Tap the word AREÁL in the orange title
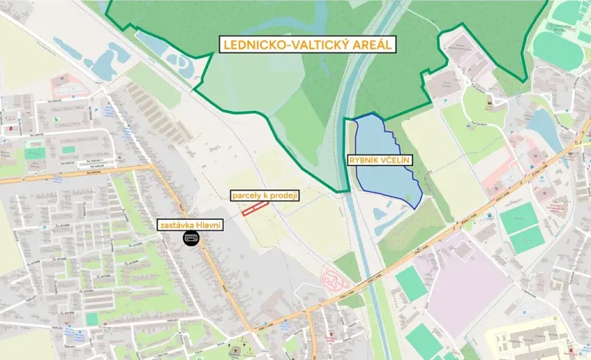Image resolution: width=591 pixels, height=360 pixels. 372,45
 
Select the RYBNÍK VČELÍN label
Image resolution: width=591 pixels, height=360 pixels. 381,160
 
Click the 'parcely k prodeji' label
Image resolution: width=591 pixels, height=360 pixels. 265,196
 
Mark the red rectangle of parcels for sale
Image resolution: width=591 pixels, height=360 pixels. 254,208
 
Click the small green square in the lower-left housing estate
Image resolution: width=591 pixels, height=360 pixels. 92,318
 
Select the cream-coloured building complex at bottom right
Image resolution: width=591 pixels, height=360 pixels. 531,338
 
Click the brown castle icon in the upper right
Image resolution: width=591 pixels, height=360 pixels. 489,99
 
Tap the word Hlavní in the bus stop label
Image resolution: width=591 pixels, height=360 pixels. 208,225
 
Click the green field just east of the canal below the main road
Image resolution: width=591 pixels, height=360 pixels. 411,284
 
